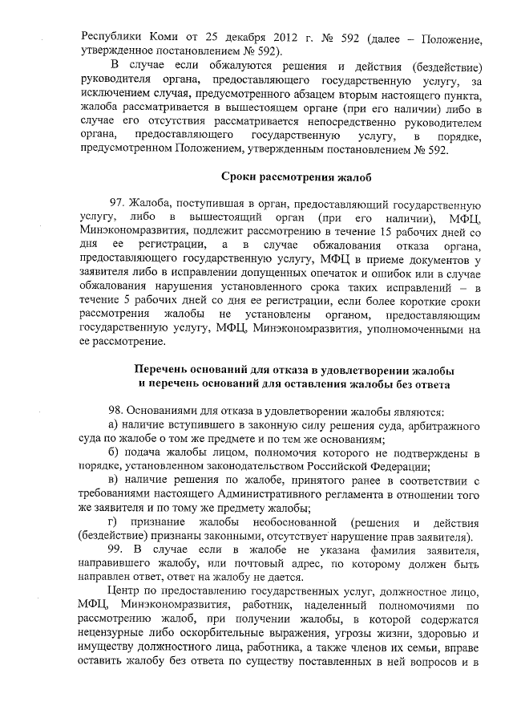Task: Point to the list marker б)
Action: pyautogui.click(x=114, y=453)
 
